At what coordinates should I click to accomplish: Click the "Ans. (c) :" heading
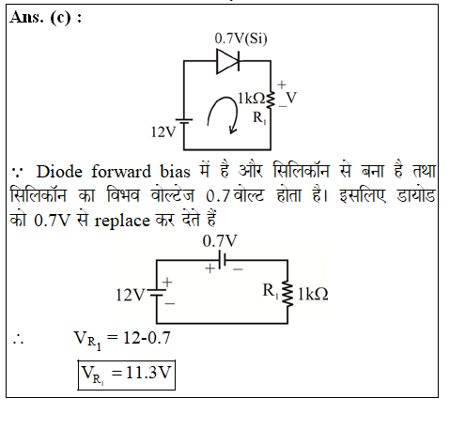coord(46,17)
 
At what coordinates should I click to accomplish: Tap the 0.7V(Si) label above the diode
coord(240,38)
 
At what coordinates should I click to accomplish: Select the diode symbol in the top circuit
coord(228,61)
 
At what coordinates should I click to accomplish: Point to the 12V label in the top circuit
coord(163,132)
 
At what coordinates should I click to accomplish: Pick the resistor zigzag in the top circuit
coord(271,100)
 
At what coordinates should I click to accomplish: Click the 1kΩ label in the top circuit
coord(252,99)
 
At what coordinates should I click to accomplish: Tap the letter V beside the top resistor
coord(291,98)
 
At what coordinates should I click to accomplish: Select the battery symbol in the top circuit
coord(184,121)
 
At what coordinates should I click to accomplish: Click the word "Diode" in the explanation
coord(59,172)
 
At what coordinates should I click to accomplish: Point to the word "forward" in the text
coord(121,172)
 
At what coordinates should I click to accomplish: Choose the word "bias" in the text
coord(175,172)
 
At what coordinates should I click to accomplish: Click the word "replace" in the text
coord(122,222)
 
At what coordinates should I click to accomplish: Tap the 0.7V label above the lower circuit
coord(220,241)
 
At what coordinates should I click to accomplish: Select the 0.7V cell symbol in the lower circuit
coord(223,260)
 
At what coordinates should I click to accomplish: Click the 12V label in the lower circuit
coord(131,295)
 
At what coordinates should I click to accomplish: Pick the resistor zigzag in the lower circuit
coord(287,294)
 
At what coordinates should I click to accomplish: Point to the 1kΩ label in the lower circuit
coord(313,294)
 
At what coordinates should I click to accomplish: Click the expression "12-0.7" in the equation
coord(147,338)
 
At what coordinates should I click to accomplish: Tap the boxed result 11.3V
coord(127,375)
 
